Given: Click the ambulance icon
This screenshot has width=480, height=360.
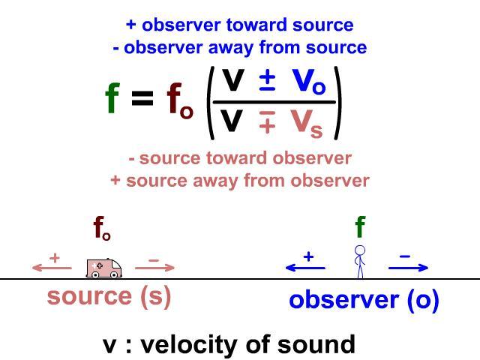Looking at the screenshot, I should coord(104,268).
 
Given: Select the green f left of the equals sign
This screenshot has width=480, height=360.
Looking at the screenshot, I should coord(112,98).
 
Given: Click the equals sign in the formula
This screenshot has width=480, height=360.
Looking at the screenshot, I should coord(142,98).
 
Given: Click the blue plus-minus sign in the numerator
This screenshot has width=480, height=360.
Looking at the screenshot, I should coord(267,82).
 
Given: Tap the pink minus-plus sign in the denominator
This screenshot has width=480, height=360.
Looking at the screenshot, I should coord(267,121).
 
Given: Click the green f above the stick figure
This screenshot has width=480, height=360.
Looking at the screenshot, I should coord(360,226).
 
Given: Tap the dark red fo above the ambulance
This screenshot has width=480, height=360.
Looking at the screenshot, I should coord(102,228).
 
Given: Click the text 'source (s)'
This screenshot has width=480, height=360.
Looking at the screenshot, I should coord(109,296).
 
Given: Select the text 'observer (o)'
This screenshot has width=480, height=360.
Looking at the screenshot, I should coord(364,300).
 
